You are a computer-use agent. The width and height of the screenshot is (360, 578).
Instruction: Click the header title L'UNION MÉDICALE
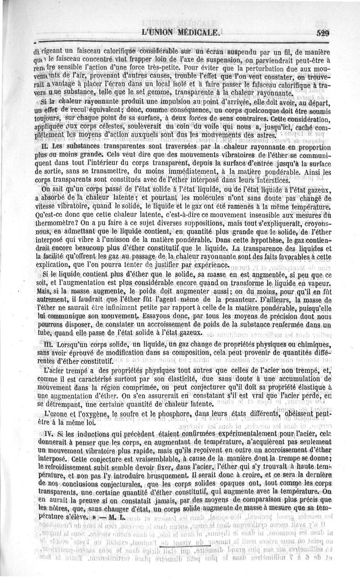point(180,33)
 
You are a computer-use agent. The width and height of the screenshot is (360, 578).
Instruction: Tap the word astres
point(259,135)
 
